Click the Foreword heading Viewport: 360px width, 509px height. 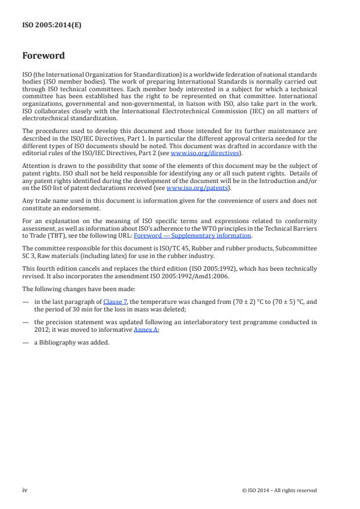click(44, 56)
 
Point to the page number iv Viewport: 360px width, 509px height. click(25, 490)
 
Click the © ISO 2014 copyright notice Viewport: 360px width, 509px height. click(279, 490)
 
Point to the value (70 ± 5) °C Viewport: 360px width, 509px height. click(283, 302)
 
